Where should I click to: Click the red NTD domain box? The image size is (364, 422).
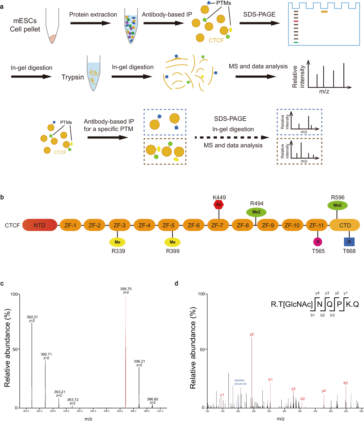pyautogui.click(x=39, y=225)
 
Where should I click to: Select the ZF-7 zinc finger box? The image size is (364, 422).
pyautogui.click(x=217, y=225)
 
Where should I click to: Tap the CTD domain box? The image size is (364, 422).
pyautogui.click(x=345, y=225)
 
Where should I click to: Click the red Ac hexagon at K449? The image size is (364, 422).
pyautogui.click(x=219, y=205)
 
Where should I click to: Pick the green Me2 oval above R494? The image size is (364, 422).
pyautogui.click(x=256, y=212)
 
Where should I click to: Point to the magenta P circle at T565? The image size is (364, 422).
pyautogui.click(x=318, y=242)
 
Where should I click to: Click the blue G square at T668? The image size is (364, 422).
pyautogui.click(x=349, y=242)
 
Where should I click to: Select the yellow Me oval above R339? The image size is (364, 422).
pyautogui.click(x=117, y=242)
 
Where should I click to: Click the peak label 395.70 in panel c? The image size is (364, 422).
pyautogui.click(x=126, y=289)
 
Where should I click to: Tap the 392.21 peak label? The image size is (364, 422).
pyautogui.click(x=32, y=317)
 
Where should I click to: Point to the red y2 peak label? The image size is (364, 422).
pyautogui.click(x=252, y=334)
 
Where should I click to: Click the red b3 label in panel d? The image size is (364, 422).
pyautogui.click(x=345, y=383)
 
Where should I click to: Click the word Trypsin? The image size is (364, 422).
pyautogui.click(x=72, y=77)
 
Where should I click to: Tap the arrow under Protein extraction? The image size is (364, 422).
pyautogui.click(x=91, y=23)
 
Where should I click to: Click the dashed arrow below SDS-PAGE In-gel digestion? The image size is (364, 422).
pyautogui.click(x=232, y=138)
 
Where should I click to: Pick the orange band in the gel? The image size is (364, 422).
pyautogui.click(x=324, y=12)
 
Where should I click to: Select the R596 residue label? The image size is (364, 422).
pyautogui.click(x=338, y=197)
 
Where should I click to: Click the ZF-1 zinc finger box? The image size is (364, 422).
pyautogui.click(x=70, y=225)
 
